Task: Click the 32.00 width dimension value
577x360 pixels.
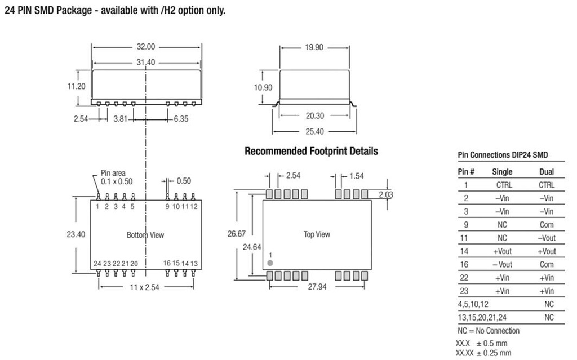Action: point(146,47)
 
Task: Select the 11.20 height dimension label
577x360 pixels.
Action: point(76,86)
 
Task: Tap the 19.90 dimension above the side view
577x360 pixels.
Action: point(314,47)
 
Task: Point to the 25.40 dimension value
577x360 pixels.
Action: point(314,131)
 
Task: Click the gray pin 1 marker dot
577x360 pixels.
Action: point(270,263)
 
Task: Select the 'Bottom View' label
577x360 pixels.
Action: point(145,235)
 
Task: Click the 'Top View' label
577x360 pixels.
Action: point(317,234)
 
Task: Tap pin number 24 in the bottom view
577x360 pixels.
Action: point(97,264)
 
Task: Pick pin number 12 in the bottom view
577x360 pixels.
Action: point(194,207)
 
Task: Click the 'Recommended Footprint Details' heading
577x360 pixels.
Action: point(311,152)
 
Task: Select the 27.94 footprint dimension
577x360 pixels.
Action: point(317,287)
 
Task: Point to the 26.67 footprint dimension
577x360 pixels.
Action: point(236,234)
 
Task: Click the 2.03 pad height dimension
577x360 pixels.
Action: point(386,194)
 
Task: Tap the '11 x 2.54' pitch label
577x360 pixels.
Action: point(145,287)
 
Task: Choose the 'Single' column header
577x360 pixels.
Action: point(502,171)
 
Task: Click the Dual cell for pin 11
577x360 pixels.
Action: point(547,238)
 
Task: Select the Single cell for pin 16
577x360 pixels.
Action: point(502,265)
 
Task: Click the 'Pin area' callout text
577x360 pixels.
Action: point(113,173)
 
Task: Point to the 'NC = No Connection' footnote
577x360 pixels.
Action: point(489,331)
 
